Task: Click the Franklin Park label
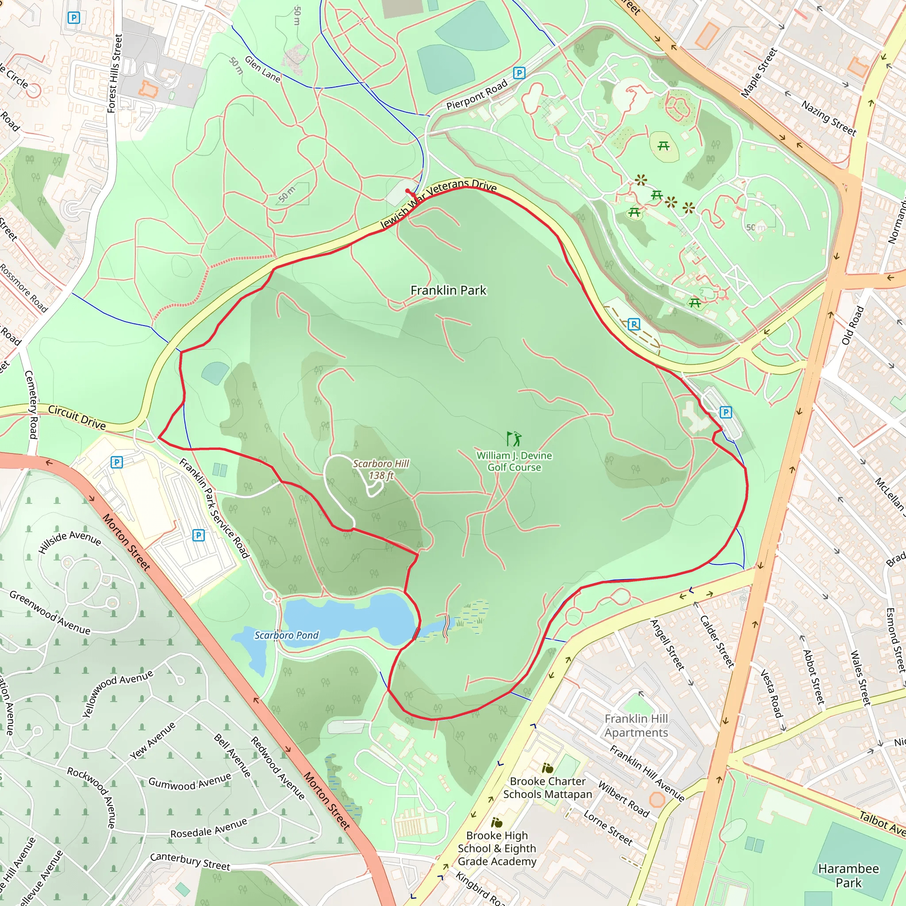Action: [448, 291]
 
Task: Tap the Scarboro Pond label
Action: [286, 635]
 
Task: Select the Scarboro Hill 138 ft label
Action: [381, 469]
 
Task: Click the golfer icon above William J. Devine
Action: [514, 439]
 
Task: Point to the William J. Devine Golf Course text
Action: [514, 461]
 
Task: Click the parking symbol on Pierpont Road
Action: [518, 73]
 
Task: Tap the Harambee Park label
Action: [848, 875]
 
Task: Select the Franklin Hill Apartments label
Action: [636, 726]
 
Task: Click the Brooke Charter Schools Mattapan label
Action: [547, 788]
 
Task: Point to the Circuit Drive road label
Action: [77, 417]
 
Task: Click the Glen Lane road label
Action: [263, 69]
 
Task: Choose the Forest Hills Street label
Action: [115, 73]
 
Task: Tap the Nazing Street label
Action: [829, 118]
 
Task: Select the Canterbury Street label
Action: [190, 861]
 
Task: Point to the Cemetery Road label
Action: [31, 404]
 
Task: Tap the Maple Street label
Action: [759, 73]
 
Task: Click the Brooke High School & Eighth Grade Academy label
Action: [497, 848]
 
